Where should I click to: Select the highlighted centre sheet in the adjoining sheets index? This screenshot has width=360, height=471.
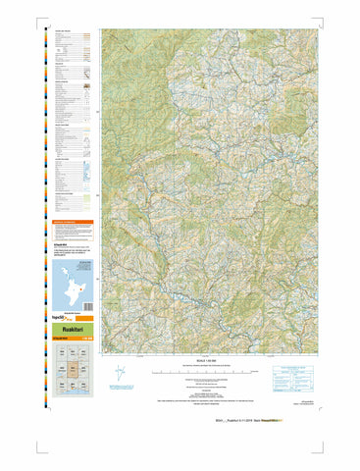pyautogui.click(x=74, y=369)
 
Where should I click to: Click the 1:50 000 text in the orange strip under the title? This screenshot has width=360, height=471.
pyautogui.click(x=89, y=340)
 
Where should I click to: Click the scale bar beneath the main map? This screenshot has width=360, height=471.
pyautogui.click(x=206, y=371)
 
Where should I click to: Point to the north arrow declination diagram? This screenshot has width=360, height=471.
pyautogui.click(x=120, y=374)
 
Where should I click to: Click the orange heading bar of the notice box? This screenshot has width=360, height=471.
pyautogui.click(x=74, y=223)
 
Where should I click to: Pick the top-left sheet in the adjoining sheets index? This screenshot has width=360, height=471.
pyautogui.click(x=60, y=354)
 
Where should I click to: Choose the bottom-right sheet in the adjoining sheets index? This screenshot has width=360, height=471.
pyautogui.click(x=87, y=386)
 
